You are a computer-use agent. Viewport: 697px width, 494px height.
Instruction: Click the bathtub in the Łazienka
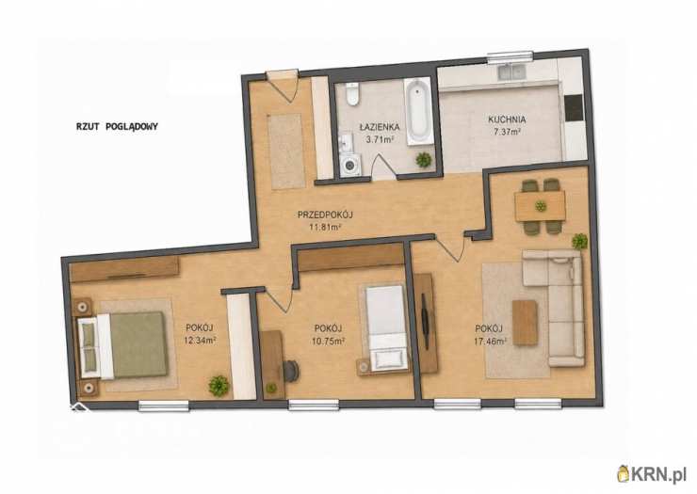click(419, 111)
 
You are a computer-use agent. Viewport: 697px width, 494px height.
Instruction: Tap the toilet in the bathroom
click(352, 94)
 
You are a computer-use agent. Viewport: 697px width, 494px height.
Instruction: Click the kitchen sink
click(511, 72)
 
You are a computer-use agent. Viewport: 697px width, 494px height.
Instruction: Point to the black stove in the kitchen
click(574, 108)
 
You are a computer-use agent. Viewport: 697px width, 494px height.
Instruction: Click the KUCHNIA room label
click(507, 120)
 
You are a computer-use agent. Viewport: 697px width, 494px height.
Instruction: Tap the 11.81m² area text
click(325, 228)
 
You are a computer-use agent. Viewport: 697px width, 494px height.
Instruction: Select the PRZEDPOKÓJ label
click(325, 215)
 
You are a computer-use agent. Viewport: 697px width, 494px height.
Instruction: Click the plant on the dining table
click(541, 206)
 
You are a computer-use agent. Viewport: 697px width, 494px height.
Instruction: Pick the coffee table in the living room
click(525, 323)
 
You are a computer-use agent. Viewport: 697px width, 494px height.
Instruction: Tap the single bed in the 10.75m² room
click(386, 327)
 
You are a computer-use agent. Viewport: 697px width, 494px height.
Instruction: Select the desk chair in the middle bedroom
click(291, 371)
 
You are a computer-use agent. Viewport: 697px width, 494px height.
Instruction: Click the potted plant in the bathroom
click(424, 159)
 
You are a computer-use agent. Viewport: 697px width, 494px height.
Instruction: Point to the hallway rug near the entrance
click(285, 151)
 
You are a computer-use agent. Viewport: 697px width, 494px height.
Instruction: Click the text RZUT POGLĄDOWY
click(117, 127)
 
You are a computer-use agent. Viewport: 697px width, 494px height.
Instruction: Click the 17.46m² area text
click(491, 342)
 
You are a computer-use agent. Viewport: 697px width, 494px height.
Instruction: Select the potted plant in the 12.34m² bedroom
click(219, 386)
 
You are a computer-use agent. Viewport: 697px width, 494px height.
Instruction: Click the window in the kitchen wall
click(510, 56)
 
